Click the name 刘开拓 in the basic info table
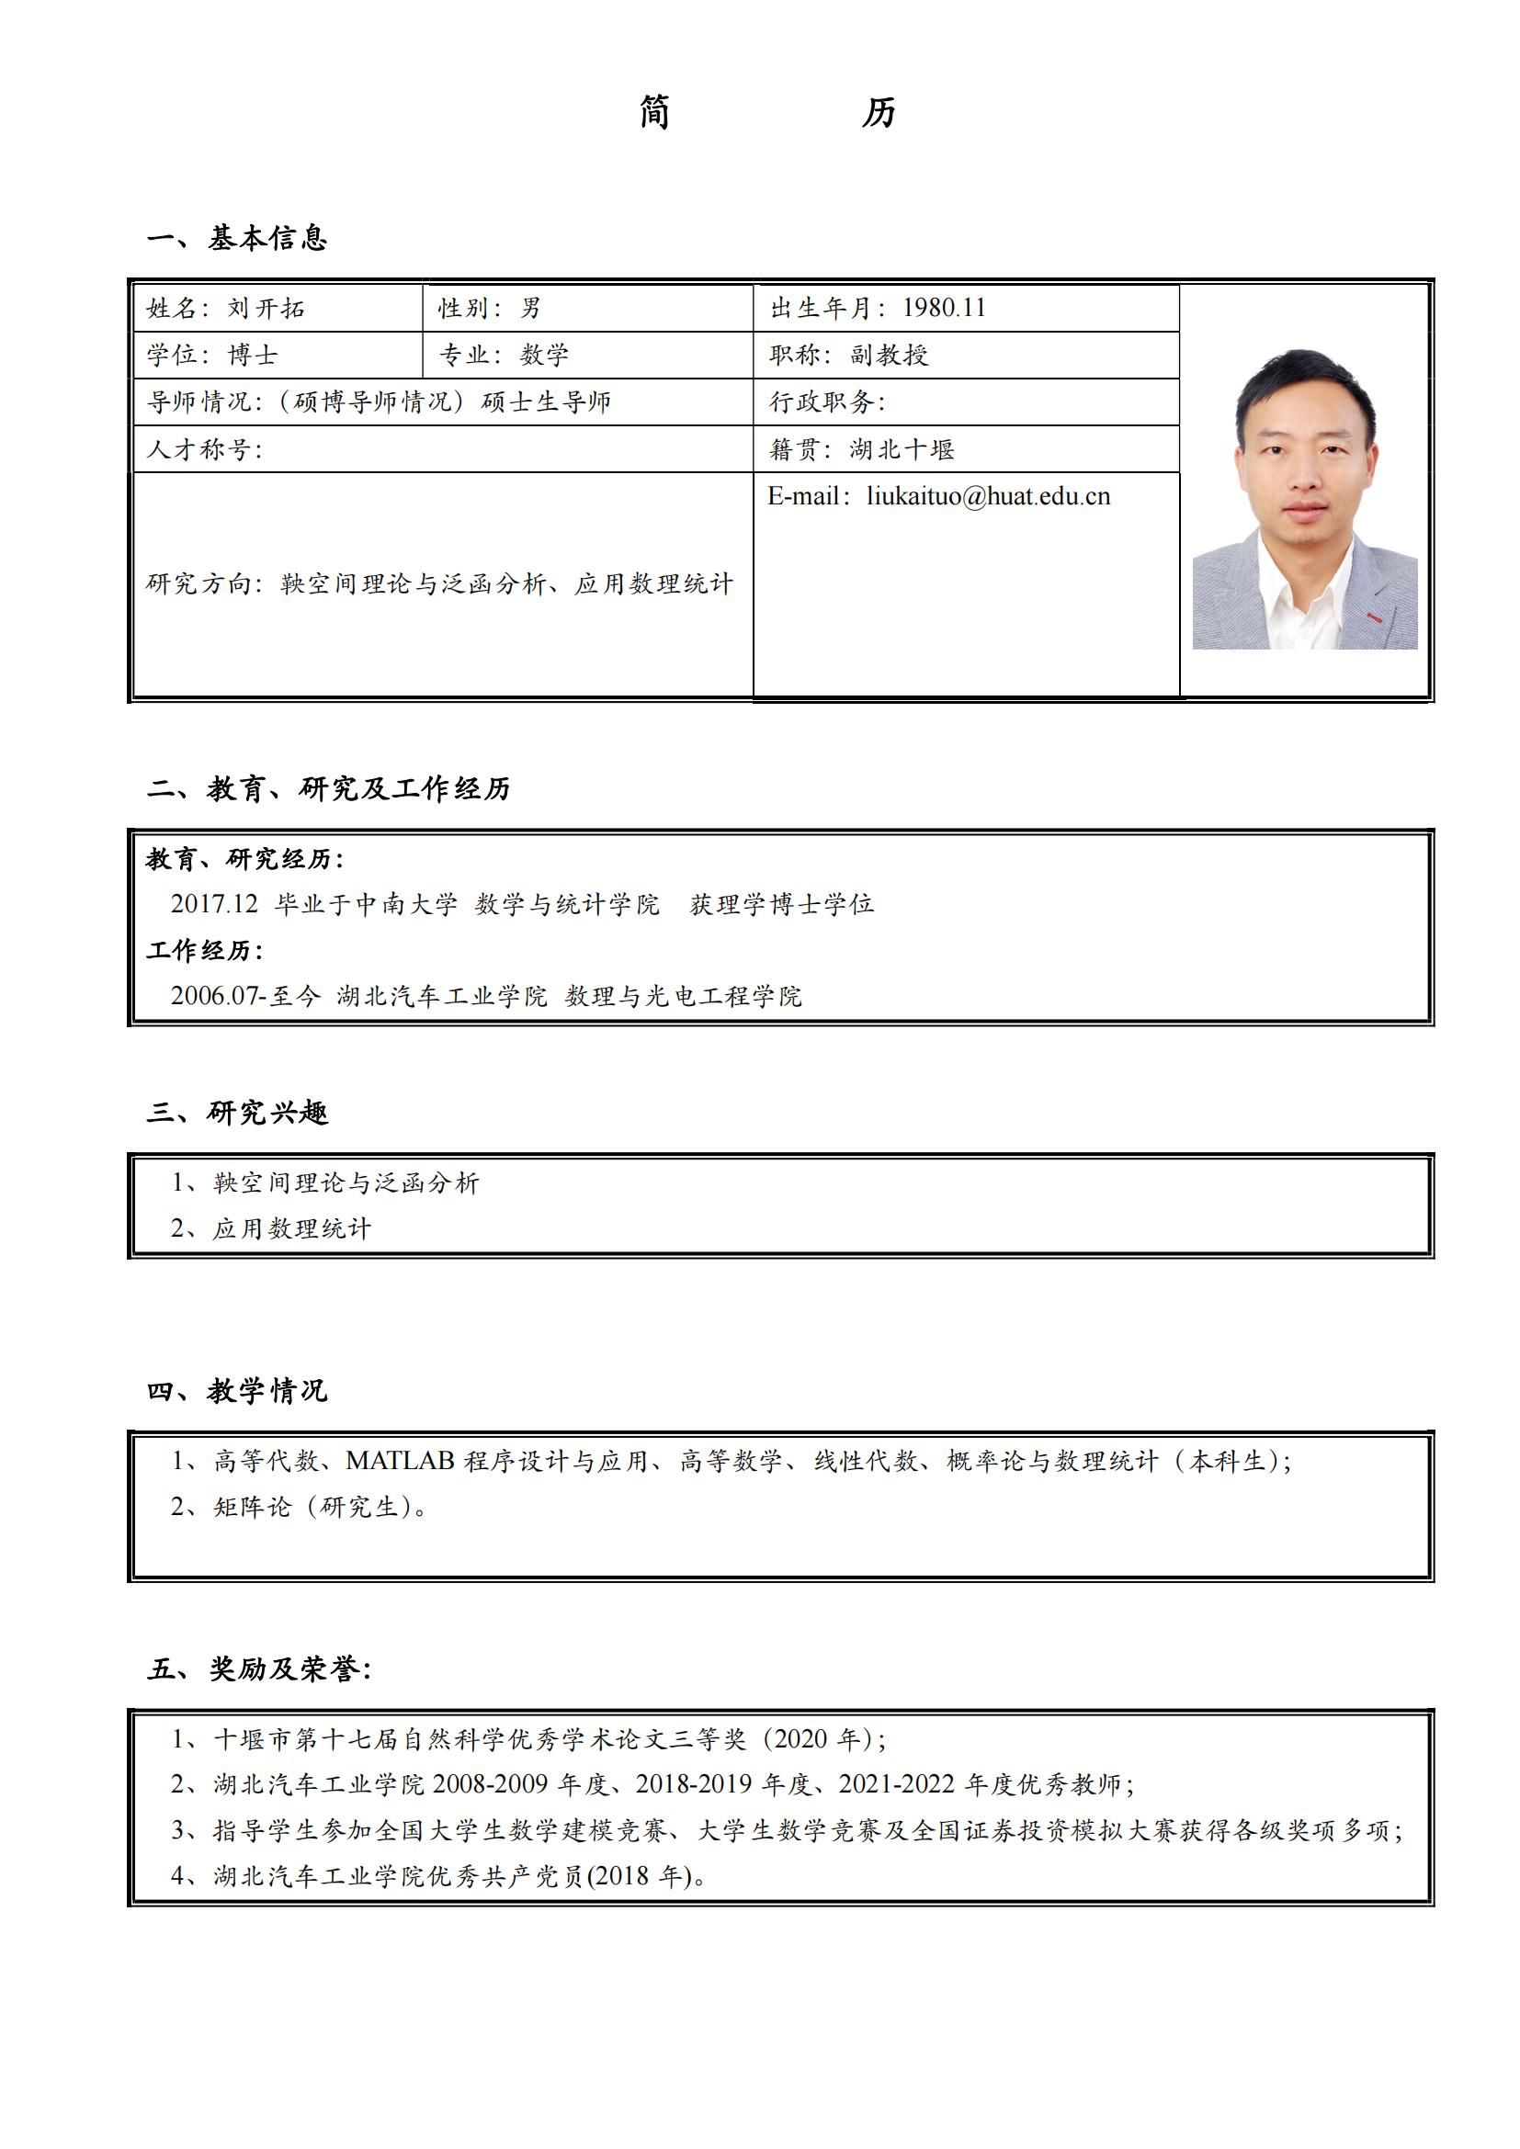pyautogui.click(x=266, y=308)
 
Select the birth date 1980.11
pyautogui.click(x=944, y=308)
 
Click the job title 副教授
pyautogui.click(x=890, y=355)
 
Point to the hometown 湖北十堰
pyautogui.click(x=902, y=449)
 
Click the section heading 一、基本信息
pyautogui.click(x=237, y=239)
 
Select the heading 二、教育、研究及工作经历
pyautogui.click(x=328, y=789)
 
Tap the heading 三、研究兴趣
pyautogui.click(x=237, y=1113)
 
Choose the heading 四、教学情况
pyautogui.click(x=237, y=1391)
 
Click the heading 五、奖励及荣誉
pyautogui.click(x=259, y=1668)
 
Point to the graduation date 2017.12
pyautogui.click(x=214, y=903)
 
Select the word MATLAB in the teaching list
pyautogui.click(x=400, y=1461)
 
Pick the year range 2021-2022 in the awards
pyautogui.click(x=897, y=1784)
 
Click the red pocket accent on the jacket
pyautogui.click(x=1375, y=616)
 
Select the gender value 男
pyautogui.click(x=530, y=308)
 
